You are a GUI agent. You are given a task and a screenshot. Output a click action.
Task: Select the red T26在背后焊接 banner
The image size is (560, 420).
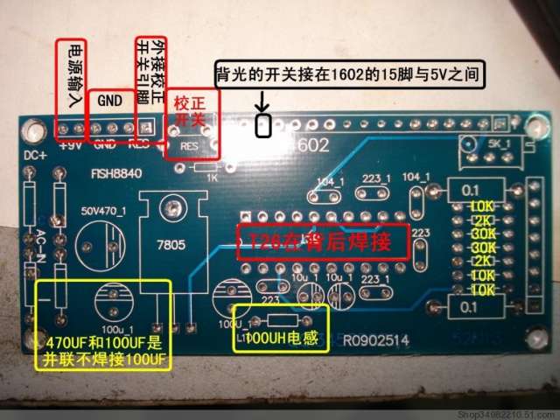324,239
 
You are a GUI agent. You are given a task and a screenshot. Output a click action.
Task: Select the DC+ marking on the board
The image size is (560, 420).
34,157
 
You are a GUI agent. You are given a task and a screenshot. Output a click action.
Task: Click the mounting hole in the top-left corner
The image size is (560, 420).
34,133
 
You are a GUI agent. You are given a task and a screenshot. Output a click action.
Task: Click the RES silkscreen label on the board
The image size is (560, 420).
189,145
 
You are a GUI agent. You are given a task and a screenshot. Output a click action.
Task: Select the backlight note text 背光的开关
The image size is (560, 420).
349,76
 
